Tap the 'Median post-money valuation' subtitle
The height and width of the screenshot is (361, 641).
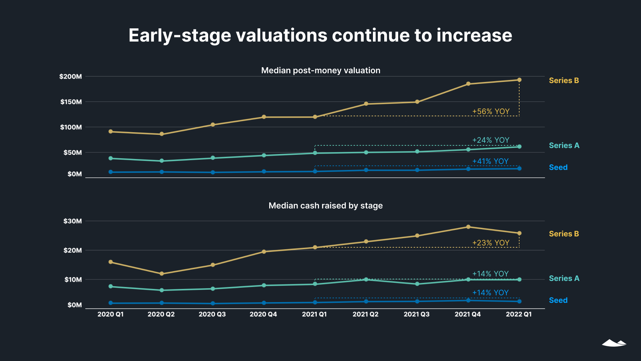click(320, 71)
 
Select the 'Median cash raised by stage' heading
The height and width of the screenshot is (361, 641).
click(325, 206)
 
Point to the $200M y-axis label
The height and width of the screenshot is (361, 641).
click(71, 77)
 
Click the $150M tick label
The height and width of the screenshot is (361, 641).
click(71, 102)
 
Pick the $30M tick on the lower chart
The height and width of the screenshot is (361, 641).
click(72, 221)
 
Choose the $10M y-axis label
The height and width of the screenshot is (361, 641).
click(73, 280)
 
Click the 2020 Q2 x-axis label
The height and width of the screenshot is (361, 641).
click(161, 314)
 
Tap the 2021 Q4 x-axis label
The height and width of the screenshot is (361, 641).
click(468, 314)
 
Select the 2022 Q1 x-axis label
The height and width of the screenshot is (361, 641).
click(518, 314)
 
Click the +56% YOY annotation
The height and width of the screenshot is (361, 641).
click(491, 111)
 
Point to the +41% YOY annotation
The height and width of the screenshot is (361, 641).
click(490, 161)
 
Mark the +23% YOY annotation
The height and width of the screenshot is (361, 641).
click(491, 243)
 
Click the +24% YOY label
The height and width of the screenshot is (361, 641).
click(491, 140)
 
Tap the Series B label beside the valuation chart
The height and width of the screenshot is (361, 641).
click(564, 80)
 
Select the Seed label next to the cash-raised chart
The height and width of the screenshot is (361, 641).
click(558, 300)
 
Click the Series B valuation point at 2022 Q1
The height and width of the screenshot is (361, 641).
click(519, 80)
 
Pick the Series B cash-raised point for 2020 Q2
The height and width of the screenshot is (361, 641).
click(162, 274)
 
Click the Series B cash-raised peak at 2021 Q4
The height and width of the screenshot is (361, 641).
click(468, 227)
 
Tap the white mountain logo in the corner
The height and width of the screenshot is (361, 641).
click(614, 343)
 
